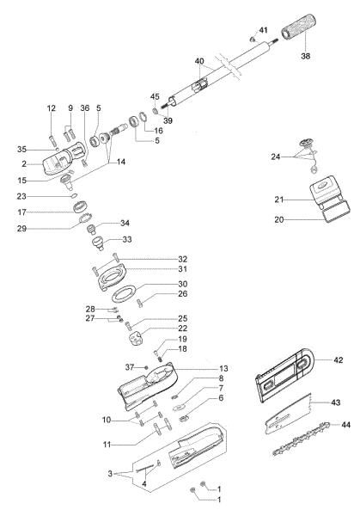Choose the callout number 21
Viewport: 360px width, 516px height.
point(278,200)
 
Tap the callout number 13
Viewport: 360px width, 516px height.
point(199,367)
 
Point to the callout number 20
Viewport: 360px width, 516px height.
point(278,218)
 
